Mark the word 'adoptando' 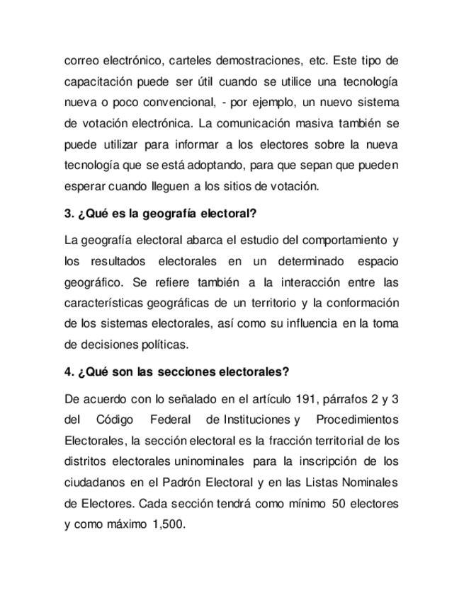click(x=239, y=166)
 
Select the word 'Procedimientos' click(x=358, y=420)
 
